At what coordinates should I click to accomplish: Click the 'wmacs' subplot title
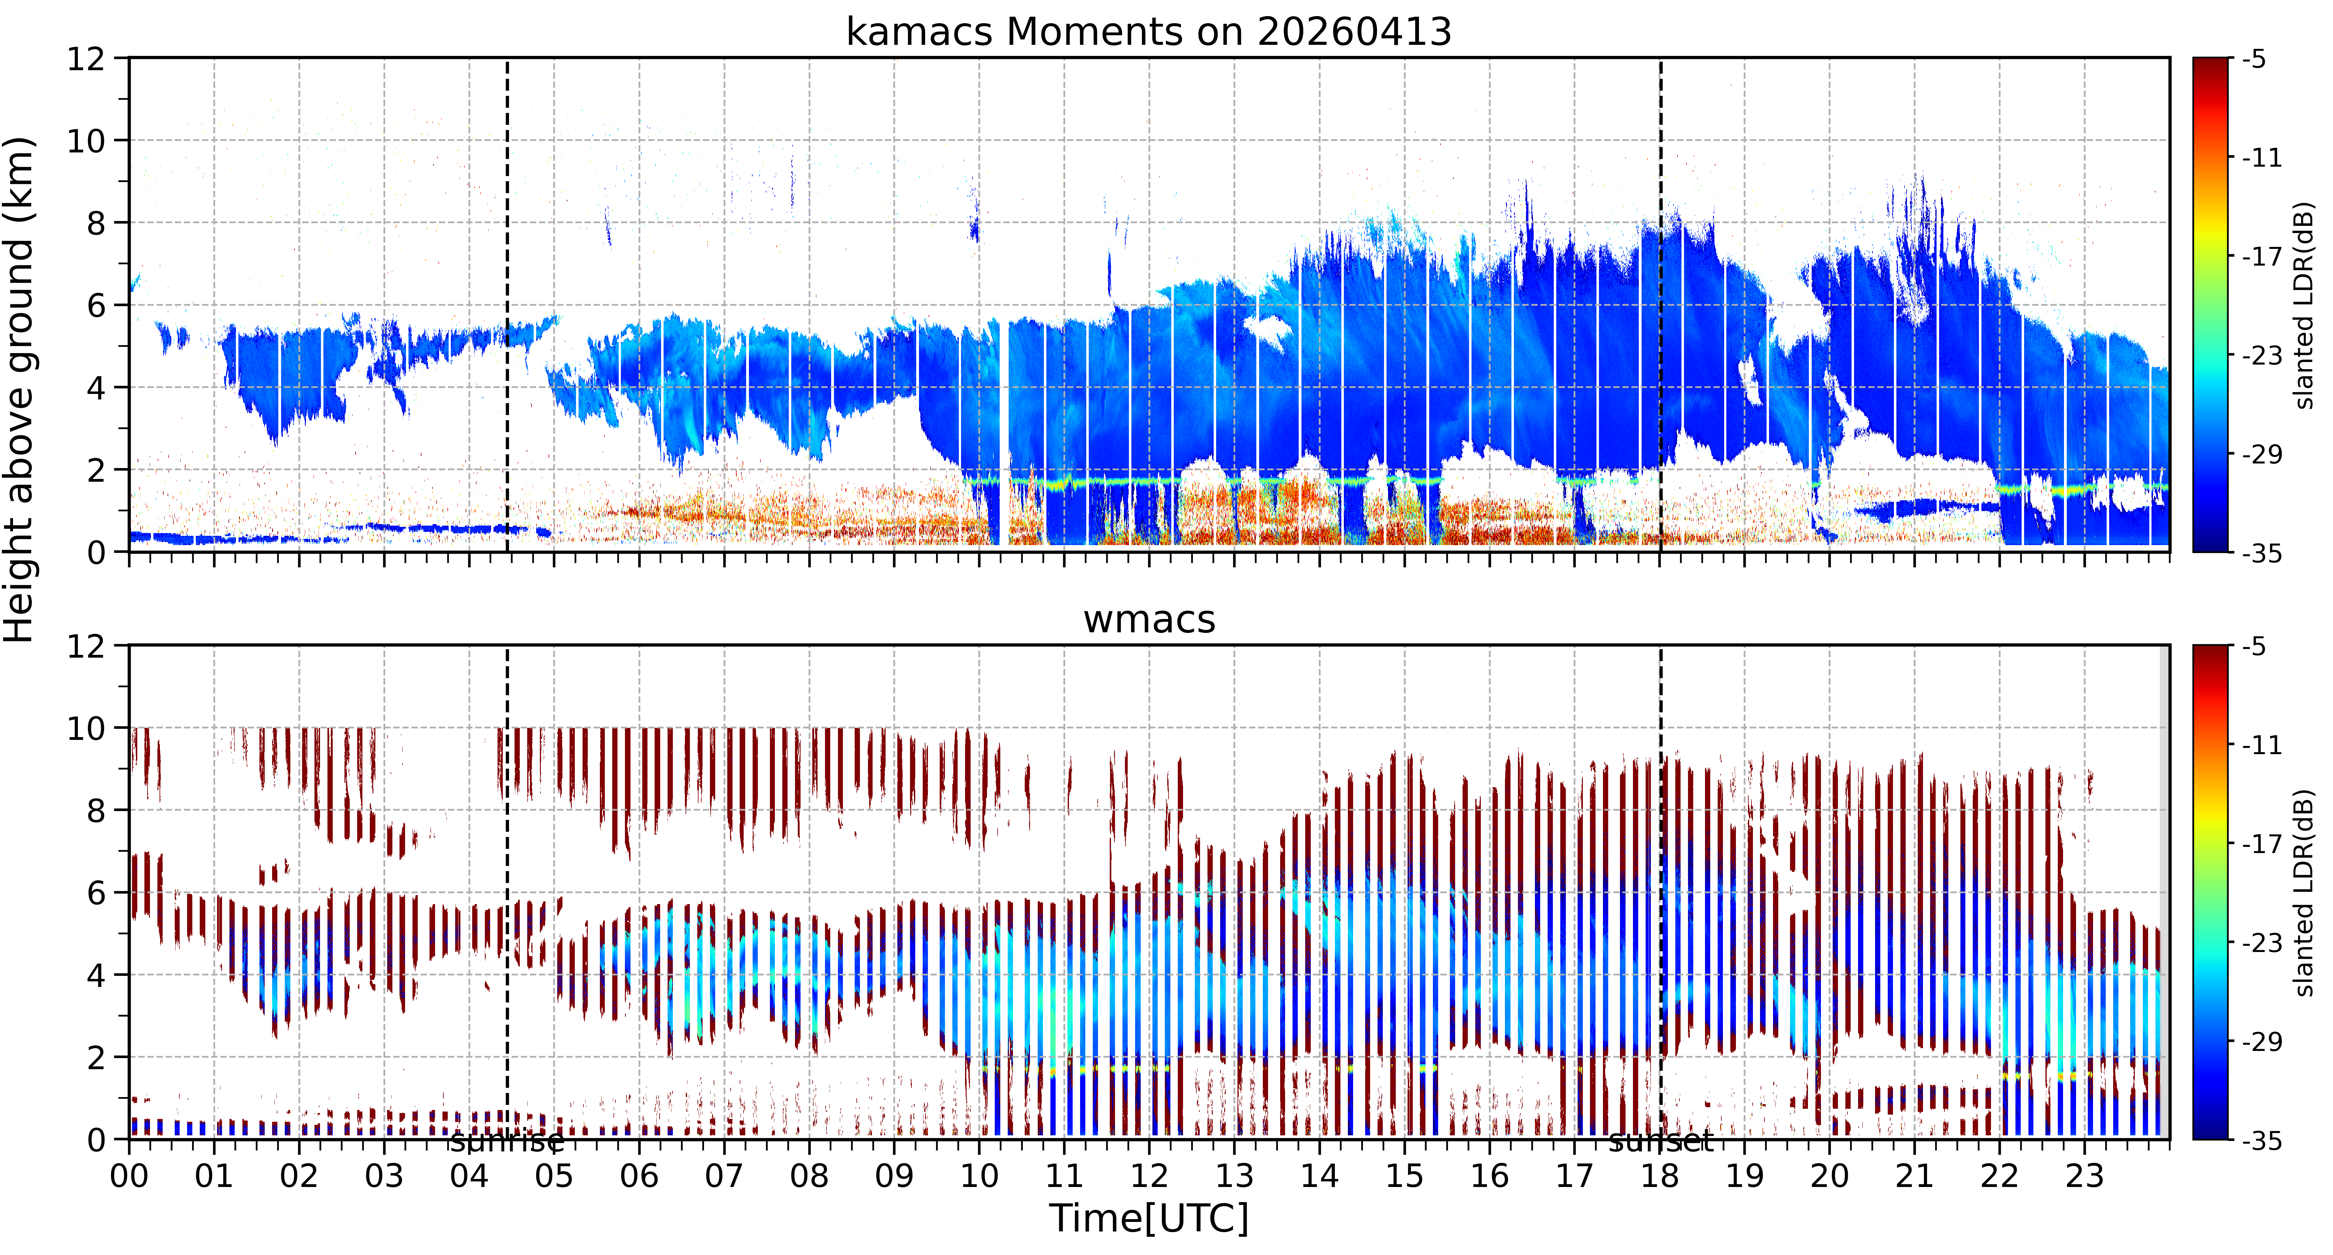pos(1149,620)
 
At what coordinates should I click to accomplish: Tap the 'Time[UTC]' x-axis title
pos(1148,1219)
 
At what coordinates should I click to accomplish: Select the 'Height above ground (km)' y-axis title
pos(20,389)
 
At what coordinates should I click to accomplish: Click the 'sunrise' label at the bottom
pos(507,1142)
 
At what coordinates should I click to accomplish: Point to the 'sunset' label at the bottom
pos(1661,1142)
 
